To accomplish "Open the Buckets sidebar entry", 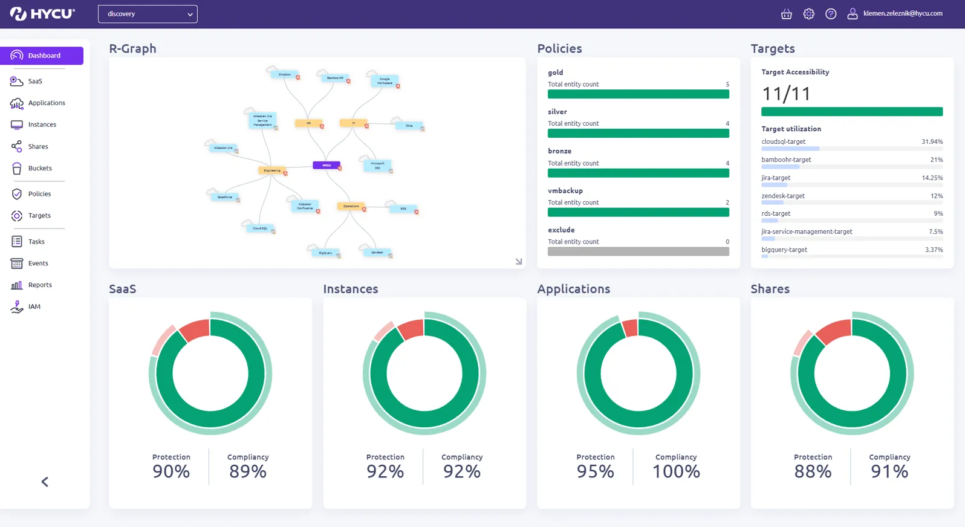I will tap(39, 168).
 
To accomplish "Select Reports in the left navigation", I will tap(39, 285).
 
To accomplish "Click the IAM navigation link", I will tap(34, 306).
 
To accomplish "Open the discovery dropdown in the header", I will tap(148, 14).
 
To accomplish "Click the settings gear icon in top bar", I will tap(808, 14).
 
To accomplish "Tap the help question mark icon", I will tap(831, 14).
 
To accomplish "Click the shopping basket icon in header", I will tap(786, 14).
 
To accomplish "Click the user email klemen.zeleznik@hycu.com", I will tap(902, 13).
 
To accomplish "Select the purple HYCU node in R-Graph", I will tap(327, 165).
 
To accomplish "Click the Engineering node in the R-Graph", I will tap(271, 170).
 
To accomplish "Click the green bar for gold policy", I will tap(638, 94).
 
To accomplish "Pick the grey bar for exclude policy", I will tap(638, 251).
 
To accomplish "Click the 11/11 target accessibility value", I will tap(786, 94).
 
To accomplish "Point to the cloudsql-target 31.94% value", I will tap(932, 141).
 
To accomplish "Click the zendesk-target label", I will tap(782, 196).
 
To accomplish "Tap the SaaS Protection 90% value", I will tap(171, 471).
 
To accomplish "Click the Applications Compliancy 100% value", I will tap(676, 471).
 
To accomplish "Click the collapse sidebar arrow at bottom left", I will tap(45, 482).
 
